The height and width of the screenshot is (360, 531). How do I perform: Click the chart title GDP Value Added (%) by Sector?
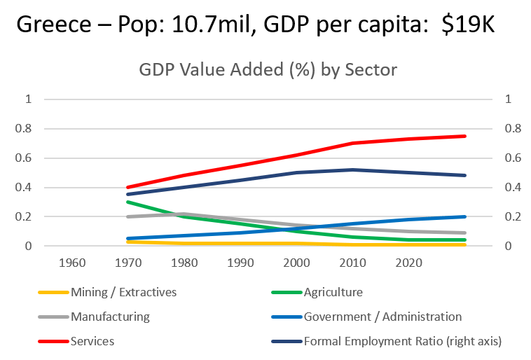tap(268, 71)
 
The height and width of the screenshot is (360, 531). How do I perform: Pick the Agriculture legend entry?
tap(333, 292)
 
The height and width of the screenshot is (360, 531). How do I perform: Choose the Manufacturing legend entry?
tap(110, 317)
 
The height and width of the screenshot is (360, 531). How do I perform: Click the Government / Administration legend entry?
tap(382, 317)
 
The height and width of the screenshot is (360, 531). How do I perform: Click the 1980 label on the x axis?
tap(184, 262)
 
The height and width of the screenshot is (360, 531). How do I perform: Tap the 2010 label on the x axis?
tap(352, 262)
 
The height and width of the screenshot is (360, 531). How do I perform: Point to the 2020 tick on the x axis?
tap(408, 262)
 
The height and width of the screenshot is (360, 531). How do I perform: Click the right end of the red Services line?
tap(465, 136)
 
